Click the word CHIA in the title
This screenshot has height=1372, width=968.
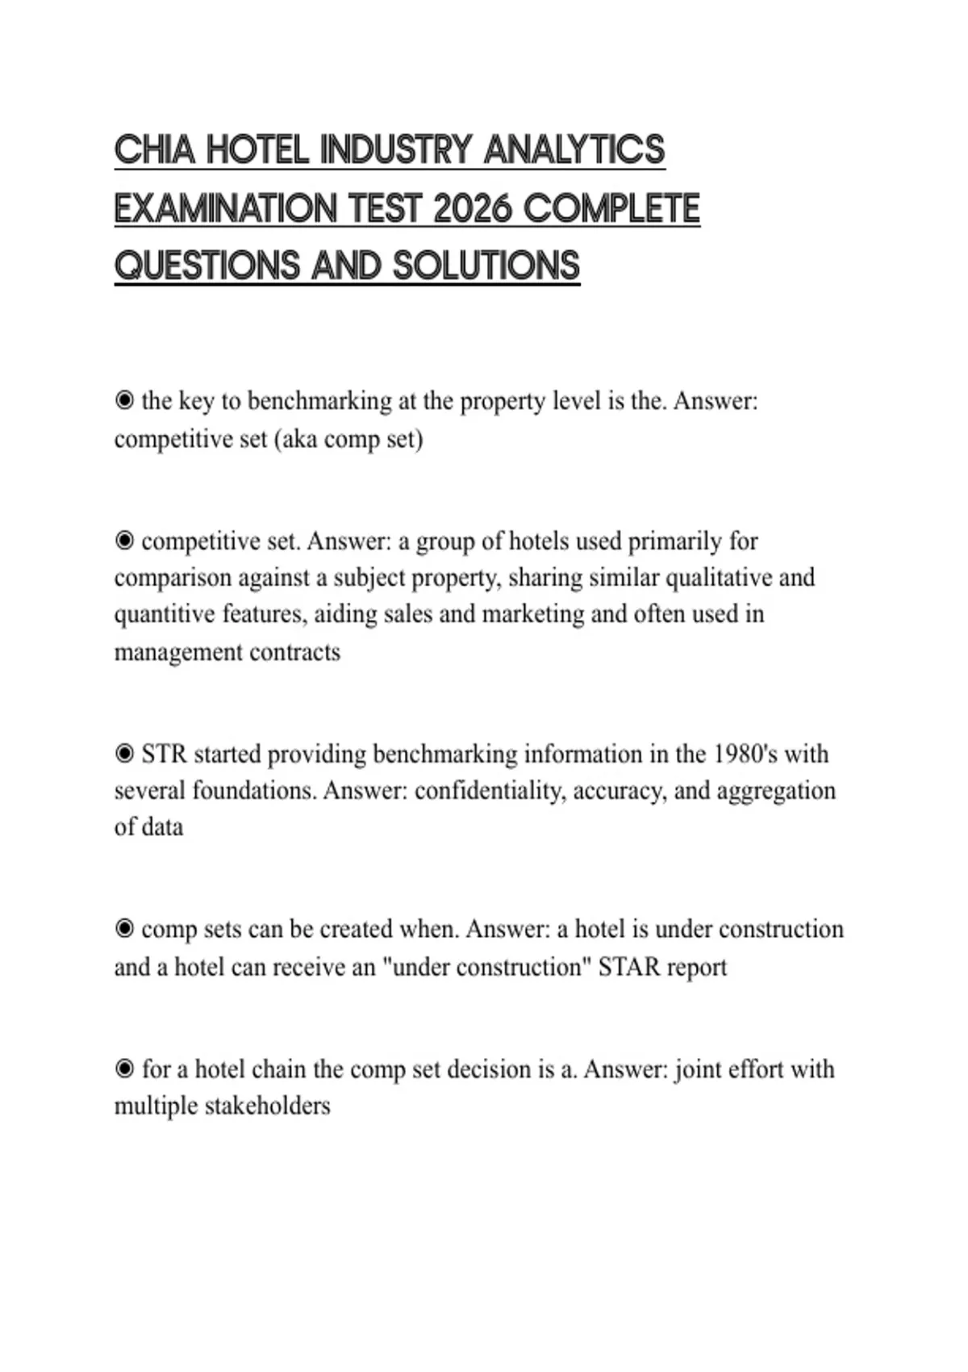click(154, 150)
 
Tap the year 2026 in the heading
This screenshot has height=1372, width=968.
click(472, 209)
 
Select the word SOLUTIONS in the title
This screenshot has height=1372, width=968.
click(486, 266)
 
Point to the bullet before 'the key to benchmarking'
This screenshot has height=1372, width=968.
click(124, 400)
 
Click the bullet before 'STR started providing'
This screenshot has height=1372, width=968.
click(124, 754)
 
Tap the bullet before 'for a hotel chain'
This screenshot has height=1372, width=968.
click(124, 1069)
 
